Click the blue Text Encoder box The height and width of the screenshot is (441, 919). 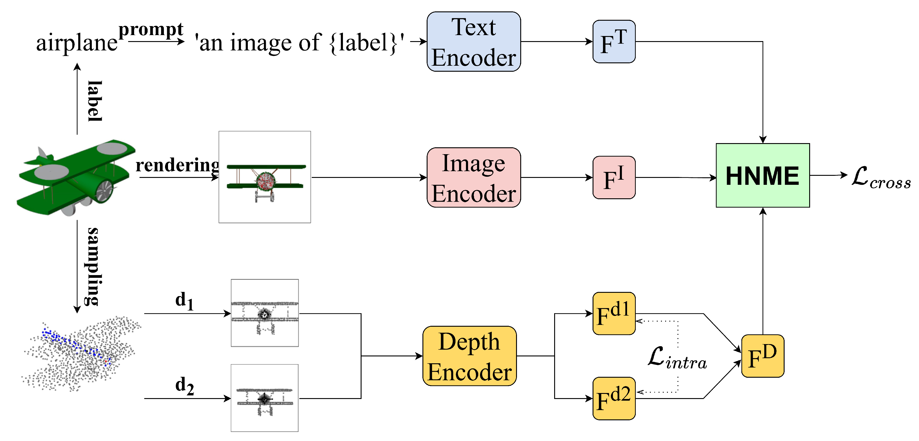(x=473, y=42)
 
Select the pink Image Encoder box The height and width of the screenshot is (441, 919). (x=473, y=177)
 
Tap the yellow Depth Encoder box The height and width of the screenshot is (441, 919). (x=469, y=356)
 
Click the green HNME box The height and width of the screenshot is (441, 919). (x=762, y=175)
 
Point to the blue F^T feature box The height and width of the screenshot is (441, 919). (x=614, y=42)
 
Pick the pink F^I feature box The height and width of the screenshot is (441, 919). (x=614, y=177)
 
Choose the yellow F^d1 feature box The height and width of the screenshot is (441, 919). (x=614, y=313)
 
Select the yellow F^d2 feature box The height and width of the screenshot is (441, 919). (x=614, y=398)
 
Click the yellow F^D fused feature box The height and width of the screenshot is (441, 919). (x=762, y=356)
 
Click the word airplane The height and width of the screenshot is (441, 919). (x=77, y=43)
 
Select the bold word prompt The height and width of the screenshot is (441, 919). (x=151, y=29)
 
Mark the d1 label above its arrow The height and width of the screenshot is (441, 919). (x=185, y=300)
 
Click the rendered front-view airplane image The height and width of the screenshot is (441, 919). (x=264, y=177)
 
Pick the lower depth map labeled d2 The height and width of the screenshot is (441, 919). (x=264, y=398)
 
